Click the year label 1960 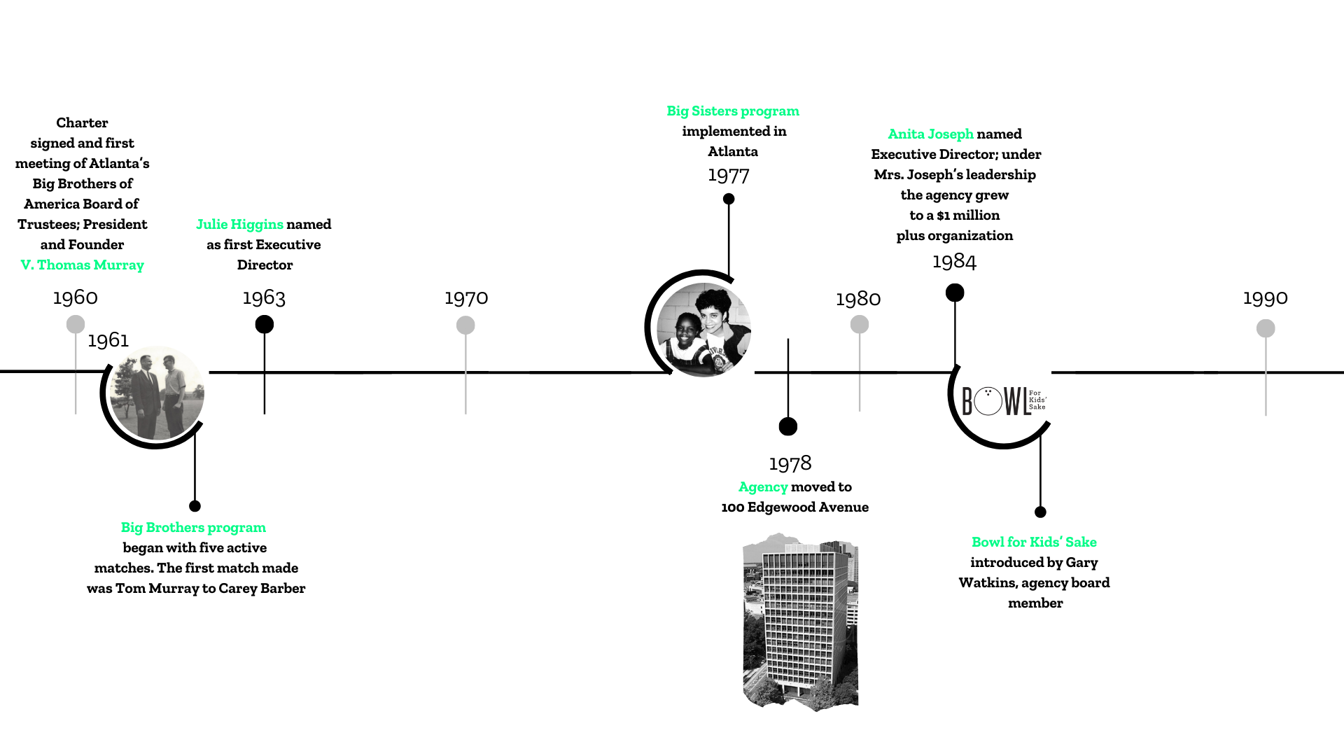pyautogui.click(x=76, y=297)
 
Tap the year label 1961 pyautogui.click(x=108, y=340)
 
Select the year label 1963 pyautogui.click(x=264, y=297)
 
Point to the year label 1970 pyautogui.click(x=466, y=297)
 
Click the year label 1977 pyautogui.click(x=729, y=175)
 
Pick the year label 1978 pyautogui.click(x=790, y=463)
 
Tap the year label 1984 pyautogui.click(x=954, y=261)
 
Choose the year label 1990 pyautogui.click(x=1266, y=297)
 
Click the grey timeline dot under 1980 pyautogui.click(x=860, y=324)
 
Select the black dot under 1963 pyautogui.click(x=265, y=324)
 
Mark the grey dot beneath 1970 pyautogui.click(x=465, y=325)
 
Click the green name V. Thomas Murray pyautogui.click(x=83, y=265)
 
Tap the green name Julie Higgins pyautogui.click(x=239, y=224)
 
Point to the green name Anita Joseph pyautogui.click(x=930, y=134)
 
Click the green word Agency pyautogui.click(x=763, y=486)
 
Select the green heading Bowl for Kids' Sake pyautogui.click(x=1034, y=542)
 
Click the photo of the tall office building pyautogui.click(x=801, y=622)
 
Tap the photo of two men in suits pyautogui.click(x=157, y=393)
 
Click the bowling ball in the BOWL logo pyautogui.click(x=988, y=402)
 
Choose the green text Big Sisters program pyautogui.click(x=733, y=111)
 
